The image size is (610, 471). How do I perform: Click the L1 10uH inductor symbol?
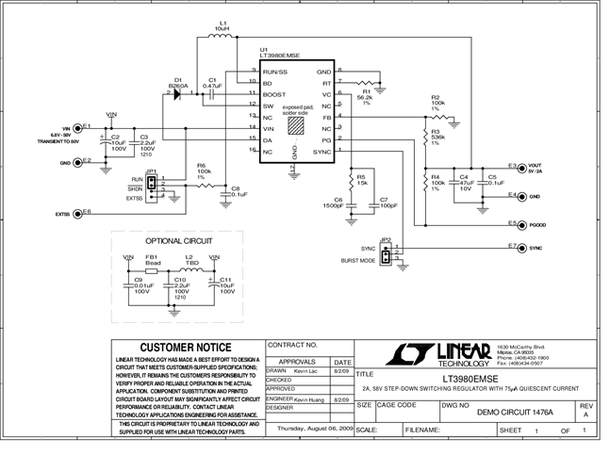223,39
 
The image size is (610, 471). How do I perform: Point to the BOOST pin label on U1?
274,94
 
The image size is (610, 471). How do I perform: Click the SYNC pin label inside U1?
321,152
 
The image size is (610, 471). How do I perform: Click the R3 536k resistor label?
437,138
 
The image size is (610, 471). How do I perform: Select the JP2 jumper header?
386,253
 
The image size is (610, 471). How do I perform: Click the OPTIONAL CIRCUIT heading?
177,241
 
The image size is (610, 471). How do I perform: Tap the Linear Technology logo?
443,354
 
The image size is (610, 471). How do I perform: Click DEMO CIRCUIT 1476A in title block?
515,413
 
